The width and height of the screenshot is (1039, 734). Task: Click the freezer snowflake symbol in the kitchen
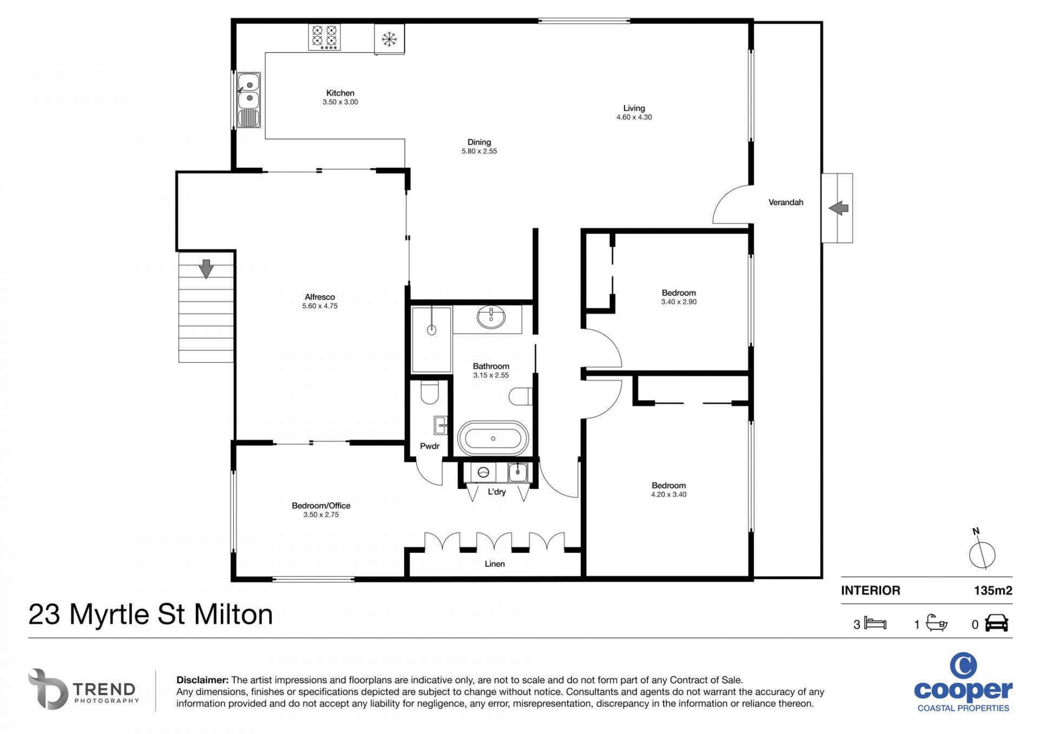tap(389, 39)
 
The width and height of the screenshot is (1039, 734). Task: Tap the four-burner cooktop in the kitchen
tap(324, 37)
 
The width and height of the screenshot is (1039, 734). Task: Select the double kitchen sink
tap(249, 100)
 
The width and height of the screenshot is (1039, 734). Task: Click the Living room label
tap(634, 108)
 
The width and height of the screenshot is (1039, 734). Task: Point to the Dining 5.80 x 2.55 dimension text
tap(479, 151)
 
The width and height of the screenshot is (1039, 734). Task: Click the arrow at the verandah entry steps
tap(838, 208)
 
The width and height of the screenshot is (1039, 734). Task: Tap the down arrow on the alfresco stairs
tap(206, 269)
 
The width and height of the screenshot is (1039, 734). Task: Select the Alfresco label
tap(320, 297)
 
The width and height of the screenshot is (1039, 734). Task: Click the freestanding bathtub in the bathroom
tap(492, 438)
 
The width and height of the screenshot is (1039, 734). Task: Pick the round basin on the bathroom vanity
tap(491, 318)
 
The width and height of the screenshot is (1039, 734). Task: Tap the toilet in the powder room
tap(430, 393)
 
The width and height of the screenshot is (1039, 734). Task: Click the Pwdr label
tap(430, 446)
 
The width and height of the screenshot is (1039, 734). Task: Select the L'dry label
tap(497, 492)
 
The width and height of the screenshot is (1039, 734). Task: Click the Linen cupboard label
tap(495, 564)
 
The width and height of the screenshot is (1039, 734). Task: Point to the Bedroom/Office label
tap(321, 506)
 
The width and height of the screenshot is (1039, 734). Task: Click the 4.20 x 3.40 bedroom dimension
tap(669, 494)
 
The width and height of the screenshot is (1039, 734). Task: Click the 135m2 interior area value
tap(993, 591)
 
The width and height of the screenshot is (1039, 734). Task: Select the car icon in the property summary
tap(996, 623)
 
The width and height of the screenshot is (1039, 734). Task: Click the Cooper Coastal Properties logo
tap(963, 682)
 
